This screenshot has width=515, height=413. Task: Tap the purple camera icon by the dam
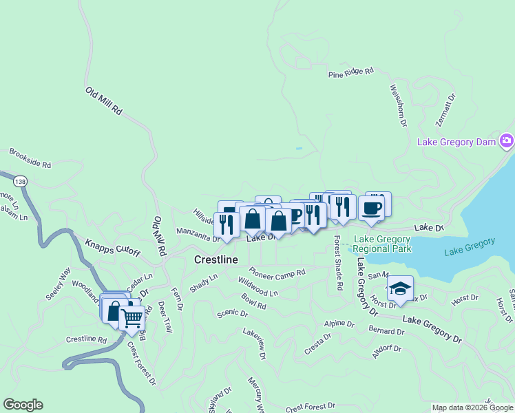[x=507, y=142]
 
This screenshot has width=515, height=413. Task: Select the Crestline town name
[x=216, y=260]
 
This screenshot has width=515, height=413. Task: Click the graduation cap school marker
[x=399, y=288]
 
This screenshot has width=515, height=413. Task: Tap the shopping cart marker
[x=132, y=319]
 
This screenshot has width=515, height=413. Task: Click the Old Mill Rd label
[x=104, y=100]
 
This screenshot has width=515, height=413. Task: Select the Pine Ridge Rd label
[x=350, y=72]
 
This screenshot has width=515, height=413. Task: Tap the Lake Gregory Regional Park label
[x=382, y=244]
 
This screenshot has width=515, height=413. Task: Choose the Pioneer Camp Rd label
[x=277, y=273]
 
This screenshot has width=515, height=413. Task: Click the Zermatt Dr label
[x=446, y=111]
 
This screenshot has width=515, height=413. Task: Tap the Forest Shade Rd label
[x=339, y=262]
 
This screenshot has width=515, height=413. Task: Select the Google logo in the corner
[x=23, y=405]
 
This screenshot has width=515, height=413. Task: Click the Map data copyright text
[x=472, y=407]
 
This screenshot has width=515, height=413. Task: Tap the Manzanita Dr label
[x=198, y=235]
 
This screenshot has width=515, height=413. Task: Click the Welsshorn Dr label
[x=399, y=105]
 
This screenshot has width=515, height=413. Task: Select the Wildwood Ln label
[x=258, y=287]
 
